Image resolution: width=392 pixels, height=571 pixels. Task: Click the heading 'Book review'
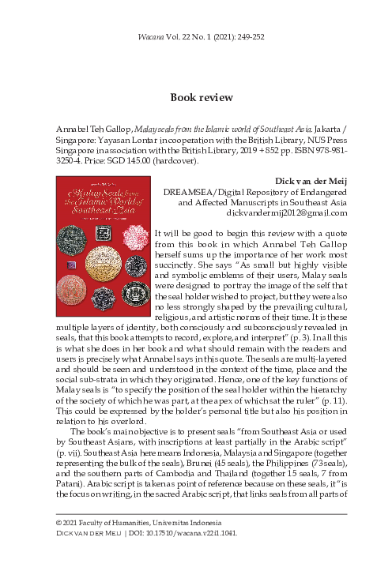pyautogui.click(x=195, y=98)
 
